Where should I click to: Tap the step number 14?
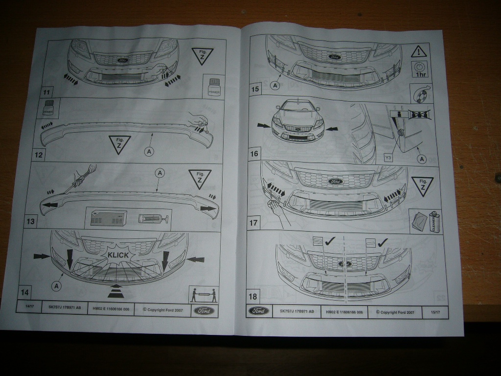[x=24, y=292]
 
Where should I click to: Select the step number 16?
[x=254, y=154]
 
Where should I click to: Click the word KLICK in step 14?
[x=117, y=255]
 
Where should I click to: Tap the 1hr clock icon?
[x=419, y=70]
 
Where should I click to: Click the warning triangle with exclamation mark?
[x=419, y=51]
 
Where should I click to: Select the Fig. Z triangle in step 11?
[x=202, y=56]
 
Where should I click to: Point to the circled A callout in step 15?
[x=274, y=85]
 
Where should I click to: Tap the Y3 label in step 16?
[x=388, y=158]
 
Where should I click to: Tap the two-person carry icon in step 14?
[x=204, y=295]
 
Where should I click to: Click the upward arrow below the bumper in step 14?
[x=116, y=288]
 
